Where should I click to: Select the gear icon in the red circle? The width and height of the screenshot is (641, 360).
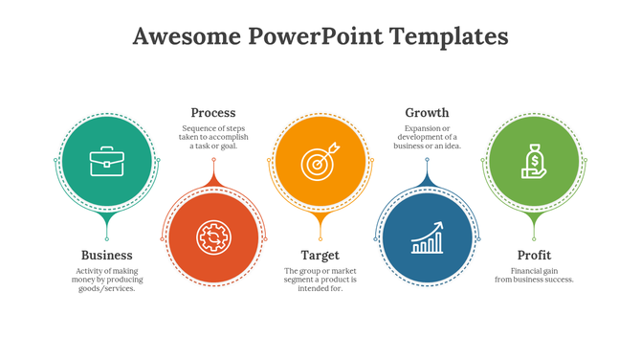click(x=212, y=236)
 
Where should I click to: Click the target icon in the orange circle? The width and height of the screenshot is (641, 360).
click(x=320, y=161)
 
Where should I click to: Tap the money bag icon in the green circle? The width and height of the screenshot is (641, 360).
click(x=534, y=161)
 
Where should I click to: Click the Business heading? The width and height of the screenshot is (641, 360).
click(x=106, y=255)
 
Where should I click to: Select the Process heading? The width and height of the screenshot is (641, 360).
click(x=212, y=112)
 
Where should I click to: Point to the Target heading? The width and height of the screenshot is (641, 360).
click(x=320, y=255)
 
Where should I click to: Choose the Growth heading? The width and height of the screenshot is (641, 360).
click(x=427, y=112)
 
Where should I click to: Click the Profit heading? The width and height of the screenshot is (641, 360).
click(x=534, y=255)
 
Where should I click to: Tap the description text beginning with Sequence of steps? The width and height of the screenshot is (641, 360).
click(x=212, y=137)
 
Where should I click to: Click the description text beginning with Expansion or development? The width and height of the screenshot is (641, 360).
click(x=427, y=137)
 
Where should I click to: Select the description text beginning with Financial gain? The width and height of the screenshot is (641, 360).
click(x=534, y=275)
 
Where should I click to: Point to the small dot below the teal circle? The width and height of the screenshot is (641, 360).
click(x=106, y=238)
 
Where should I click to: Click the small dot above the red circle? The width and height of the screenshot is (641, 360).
click(x=212, y=159)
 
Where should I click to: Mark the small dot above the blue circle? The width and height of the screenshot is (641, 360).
click(x=427, y=159)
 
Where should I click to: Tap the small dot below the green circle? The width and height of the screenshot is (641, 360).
click(x=534, y=238)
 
